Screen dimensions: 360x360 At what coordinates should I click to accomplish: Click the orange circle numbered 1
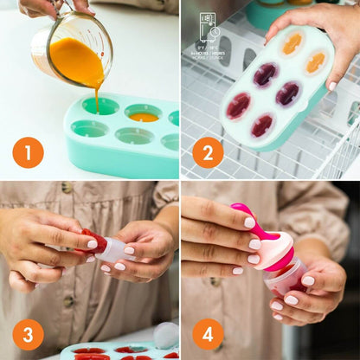[x=28, y=154]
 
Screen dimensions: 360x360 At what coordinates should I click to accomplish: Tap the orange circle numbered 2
[x=208, y=153]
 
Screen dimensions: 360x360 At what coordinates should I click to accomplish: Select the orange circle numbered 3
[x=28, y=334]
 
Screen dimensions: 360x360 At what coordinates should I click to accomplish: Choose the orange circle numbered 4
[x=208, y=334]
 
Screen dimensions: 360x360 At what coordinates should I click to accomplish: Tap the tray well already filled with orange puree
[x=144, y=114]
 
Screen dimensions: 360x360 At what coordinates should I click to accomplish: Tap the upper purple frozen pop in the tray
[x=265, y=74]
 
